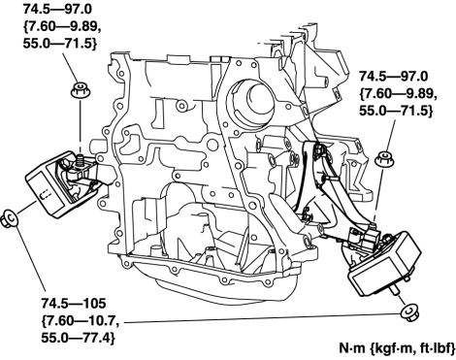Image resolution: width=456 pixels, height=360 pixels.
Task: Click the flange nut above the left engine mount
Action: tap(80, 90)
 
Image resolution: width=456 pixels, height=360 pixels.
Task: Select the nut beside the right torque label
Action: tap(384, 159)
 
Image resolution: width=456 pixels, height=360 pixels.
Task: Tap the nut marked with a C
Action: tap(9, 218)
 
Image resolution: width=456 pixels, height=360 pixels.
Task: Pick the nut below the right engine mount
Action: tap(408, 312)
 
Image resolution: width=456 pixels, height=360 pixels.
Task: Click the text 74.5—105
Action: tap(74, 304)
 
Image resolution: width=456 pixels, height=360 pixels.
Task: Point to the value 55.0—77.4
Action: tap(79, 338)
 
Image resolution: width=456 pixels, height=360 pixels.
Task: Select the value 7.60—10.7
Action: tap(80, 321)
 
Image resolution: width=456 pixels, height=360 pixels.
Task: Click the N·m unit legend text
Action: tap(397, 348)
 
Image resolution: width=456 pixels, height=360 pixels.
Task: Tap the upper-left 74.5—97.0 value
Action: tap(57, 9)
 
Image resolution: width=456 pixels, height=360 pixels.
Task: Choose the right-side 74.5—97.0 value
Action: tap(394, 77)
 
